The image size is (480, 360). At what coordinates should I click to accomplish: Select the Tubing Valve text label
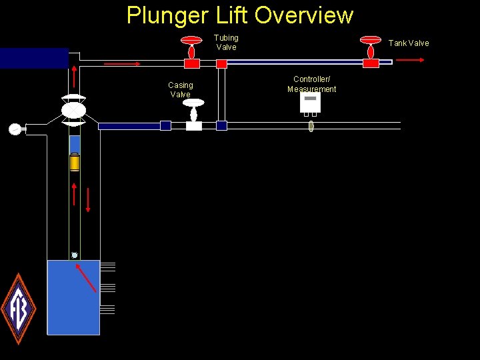pyautogui.click(x=226, y=43)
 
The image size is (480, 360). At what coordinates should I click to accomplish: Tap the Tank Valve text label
pyautogui.click(x=409, y=43)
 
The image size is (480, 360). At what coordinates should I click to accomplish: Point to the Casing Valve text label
pyautogui.click(x=180, y=90)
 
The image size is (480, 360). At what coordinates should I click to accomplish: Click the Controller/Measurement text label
pyautogui.click(x=311, y=84)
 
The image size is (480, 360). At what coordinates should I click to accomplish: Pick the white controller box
pyautogui.click(x=310, y=102)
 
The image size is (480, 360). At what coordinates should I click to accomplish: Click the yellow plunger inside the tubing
pyautogui.click(x=75, y=162)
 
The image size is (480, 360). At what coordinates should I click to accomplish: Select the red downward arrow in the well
pyautogui.click(x=87, y=197)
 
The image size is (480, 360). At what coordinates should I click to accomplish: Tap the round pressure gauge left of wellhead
pyautogui.click(x=15, y=129)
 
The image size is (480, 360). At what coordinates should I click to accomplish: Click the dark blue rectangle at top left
pyautogui.click(x=34, y=59)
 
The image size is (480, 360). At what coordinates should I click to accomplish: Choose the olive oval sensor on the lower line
pyautogui.click(x=311, y=125)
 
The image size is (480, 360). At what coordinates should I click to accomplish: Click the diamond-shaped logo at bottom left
pyautogui.click(x=18, y=309)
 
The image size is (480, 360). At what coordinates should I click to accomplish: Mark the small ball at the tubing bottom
pyautogui.click(x=75, y=255)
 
